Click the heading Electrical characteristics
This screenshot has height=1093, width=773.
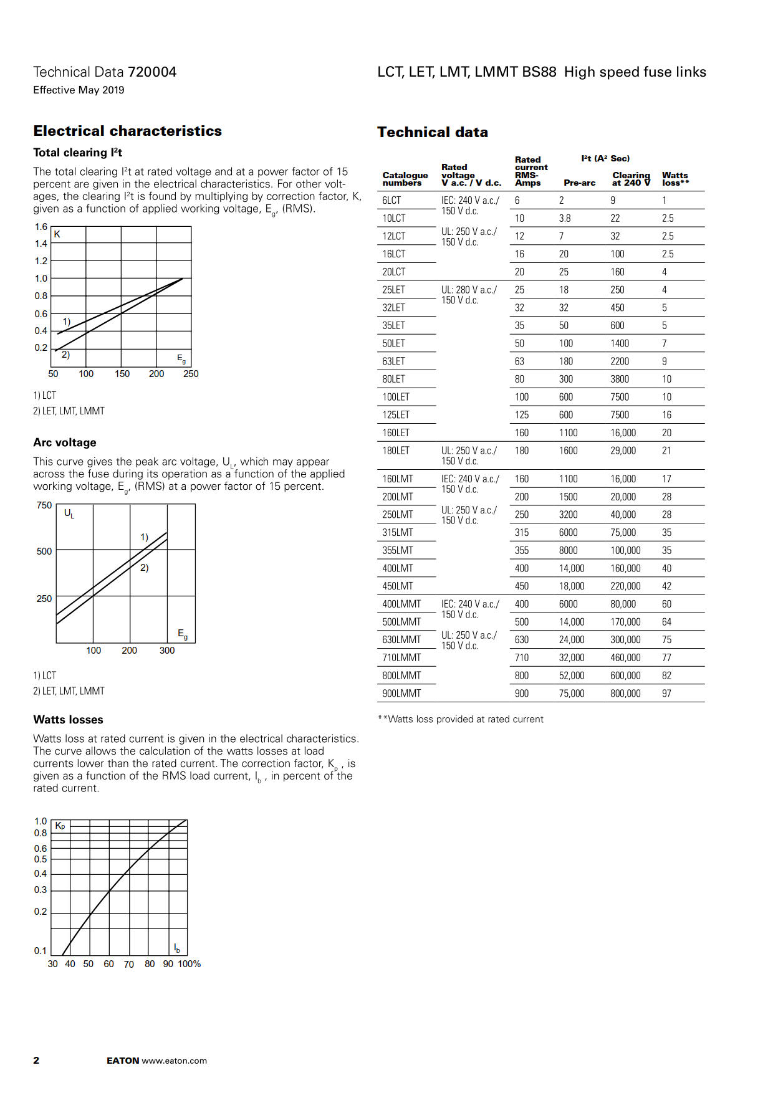127,131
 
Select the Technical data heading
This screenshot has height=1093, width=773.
432,132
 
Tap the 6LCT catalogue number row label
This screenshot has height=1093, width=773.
391,200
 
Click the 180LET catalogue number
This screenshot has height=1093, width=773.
396,451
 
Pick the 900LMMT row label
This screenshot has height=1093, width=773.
401,693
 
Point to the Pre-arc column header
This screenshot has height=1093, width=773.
579,183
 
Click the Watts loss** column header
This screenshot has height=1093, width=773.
675,179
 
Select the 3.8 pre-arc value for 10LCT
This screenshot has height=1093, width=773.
565,218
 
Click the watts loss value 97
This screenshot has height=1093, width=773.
666,693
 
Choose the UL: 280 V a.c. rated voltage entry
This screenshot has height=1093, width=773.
469,290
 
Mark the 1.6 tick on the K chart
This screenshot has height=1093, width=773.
41,227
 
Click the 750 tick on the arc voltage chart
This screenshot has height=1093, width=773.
44,505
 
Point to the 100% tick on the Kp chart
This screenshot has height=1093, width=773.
190,963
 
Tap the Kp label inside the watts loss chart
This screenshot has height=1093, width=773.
60,826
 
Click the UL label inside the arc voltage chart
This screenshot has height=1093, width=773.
69,513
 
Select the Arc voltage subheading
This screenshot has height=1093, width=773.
65,442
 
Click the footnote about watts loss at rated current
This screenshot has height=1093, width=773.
460,719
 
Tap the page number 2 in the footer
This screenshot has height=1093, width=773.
36,1060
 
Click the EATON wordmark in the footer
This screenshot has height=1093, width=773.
123,1061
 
